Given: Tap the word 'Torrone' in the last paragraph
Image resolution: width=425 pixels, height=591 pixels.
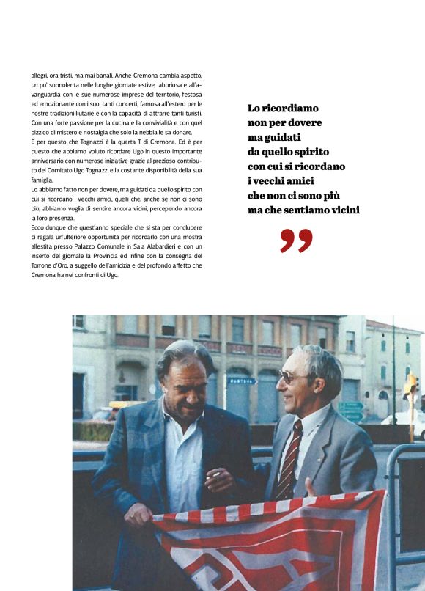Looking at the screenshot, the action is point(44,266).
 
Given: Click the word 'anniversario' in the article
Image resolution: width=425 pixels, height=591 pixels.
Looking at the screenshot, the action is point(51,161).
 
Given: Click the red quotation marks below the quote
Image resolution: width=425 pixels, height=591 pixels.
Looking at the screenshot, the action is point(296,241).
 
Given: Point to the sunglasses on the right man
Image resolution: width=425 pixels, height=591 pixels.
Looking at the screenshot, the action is point(294,378).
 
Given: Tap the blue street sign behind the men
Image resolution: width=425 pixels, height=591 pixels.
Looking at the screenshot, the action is point(241,381).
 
